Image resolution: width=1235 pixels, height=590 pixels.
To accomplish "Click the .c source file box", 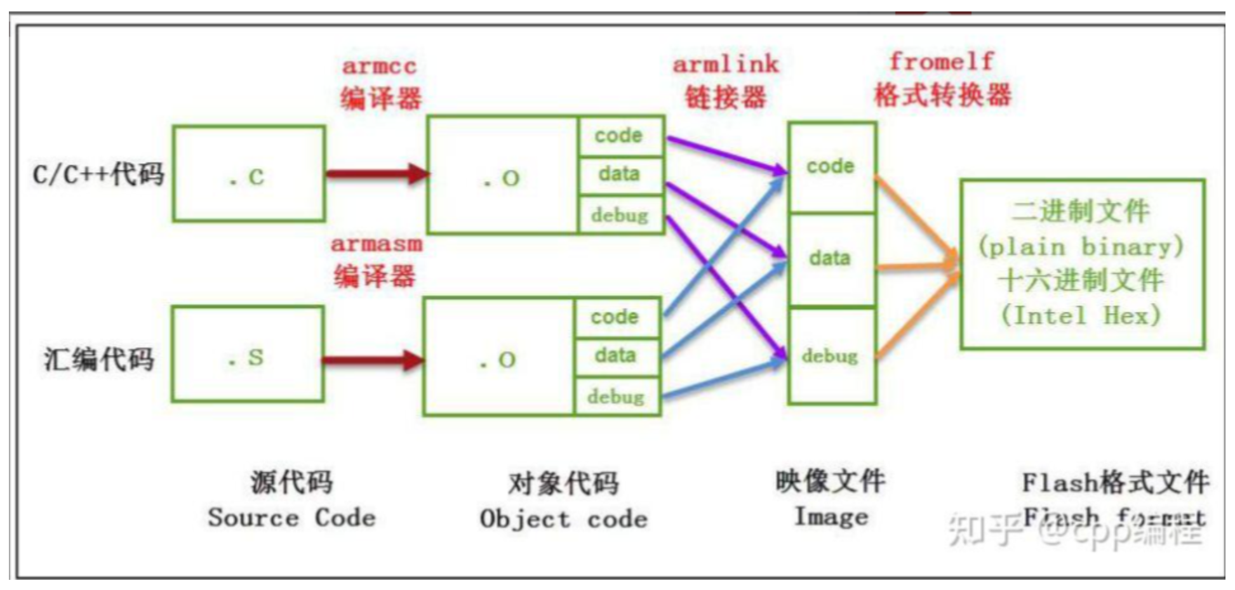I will (x=248, y=174).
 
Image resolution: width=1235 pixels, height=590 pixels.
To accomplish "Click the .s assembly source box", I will (x=247, y=355).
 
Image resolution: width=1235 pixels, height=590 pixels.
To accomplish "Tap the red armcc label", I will (x=379, y=66).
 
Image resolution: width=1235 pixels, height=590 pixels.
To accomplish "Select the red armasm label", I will (x=376, y=244).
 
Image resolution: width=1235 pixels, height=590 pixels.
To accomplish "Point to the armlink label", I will (x=725, y=64).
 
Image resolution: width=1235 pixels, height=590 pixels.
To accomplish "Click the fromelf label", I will (x=941, y=62).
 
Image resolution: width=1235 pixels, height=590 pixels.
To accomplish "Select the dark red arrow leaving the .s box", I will (x=372, y=360).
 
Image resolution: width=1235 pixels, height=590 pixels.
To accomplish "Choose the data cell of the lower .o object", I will (x=616, y=355).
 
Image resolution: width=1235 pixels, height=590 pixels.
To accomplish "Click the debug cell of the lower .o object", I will (x=616, y=397).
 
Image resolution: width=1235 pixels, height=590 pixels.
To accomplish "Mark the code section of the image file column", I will (x=831, y=167).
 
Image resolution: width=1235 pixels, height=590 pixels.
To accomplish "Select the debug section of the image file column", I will (x=831, y=356).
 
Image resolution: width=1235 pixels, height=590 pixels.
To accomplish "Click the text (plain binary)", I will (x=1081, y=246).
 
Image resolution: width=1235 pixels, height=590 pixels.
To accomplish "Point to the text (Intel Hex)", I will (x=1081, y=315).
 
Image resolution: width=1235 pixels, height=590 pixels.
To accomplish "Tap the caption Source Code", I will (x=291, y=518).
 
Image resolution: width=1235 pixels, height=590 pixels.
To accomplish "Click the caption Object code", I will (x=564, y=520).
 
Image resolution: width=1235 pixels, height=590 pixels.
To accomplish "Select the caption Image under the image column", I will (x=831, y=516).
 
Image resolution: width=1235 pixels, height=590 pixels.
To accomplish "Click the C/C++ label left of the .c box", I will (x=98, y=174).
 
